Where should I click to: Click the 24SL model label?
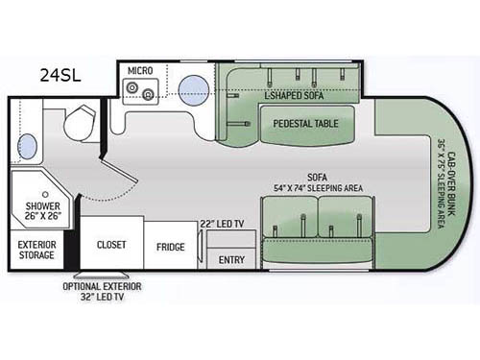tap(60, 73)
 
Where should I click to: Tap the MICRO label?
tap(139, 70)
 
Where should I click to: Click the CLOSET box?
tap(111, 245)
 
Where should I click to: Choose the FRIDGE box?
tap(171, 246)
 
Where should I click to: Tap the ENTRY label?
tap(232, 259)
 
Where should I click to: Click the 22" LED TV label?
tap(226, 223)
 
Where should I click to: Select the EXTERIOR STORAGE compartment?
tap(37, 250)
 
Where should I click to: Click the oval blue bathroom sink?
tap(29, 147)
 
